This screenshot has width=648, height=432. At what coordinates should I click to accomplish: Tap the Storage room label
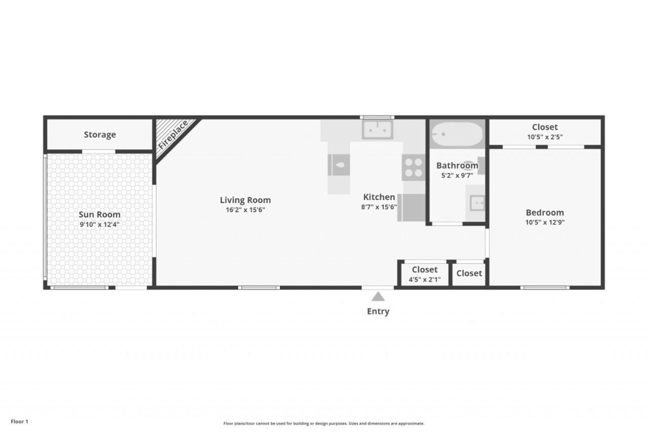[x=100, y=135]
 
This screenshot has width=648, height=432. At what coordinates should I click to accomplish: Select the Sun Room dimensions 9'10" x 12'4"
[x=100, y=224]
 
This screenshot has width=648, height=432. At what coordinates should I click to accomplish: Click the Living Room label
[x=246, y=200]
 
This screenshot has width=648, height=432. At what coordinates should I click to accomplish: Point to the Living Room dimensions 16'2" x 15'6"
[x=246, y=210]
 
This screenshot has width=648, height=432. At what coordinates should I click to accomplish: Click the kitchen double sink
[x=377, y=130]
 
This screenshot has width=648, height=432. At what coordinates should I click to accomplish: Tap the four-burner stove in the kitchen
[x=414, y=168]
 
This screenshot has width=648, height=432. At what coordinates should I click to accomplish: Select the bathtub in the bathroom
[x=457, y=134]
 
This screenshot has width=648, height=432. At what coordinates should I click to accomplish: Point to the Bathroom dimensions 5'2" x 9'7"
[x=457, y=175]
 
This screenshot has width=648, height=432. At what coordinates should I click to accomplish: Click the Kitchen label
[x=379, y=197]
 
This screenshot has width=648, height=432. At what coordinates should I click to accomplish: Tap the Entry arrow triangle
[x=378, y=297]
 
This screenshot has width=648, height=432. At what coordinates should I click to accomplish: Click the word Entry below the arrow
[x=378, y=311]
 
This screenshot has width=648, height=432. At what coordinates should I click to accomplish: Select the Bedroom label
[x=545, y=213]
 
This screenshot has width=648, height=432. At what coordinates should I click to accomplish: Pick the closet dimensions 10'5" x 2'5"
[x=545, y=137]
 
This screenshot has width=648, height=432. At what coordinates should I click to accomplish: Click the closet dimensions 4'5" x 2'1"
[x=424, y=280]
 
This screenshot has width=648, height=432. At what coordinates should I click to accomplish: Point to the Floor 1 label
[x=19, y=421]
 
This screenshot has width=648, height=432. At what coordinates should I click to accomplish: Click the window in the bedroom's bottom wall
[x=545, y=288]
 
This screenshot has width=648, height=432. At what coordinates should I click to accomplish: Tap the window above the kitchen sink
[x=377, y=117]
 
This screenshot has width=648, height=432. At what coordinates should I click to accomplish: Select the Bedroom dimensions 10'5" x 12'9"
[x=545, y=222]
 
